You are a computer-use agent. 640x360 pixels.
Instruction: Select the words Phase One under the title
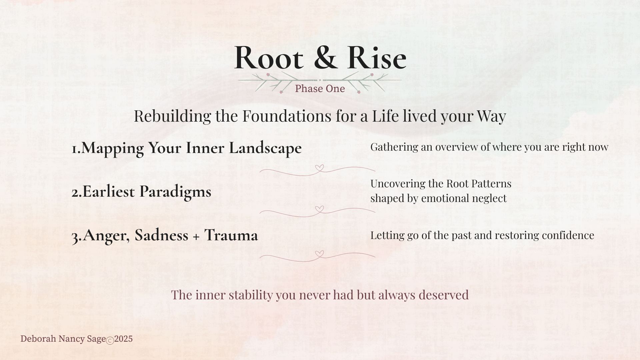click(x=320, y=89)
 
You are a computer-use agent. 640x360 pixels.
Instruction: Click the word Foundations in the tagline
click(x=287, y=116)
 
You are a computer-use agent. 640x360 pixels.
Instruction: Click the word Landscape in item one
click(x=265, y=148)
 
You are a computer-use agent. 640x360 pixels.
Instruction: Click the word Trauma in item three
click(x=231, y=235)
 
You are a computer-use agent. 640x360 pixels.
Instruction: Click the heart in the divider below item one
click(x=319, y=168)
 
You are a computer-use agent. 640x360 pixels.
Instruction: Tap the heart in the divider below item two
click(x=319, y=209)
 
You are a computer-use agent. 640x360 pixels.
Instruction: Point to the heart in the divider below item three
click(x=319, y=254)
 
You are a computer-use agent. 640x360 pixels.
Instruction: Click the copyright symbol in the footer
click(x=110, y=340)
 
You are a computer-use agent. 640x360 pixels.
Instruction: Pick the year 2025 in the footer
click(x=123, y=339)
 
